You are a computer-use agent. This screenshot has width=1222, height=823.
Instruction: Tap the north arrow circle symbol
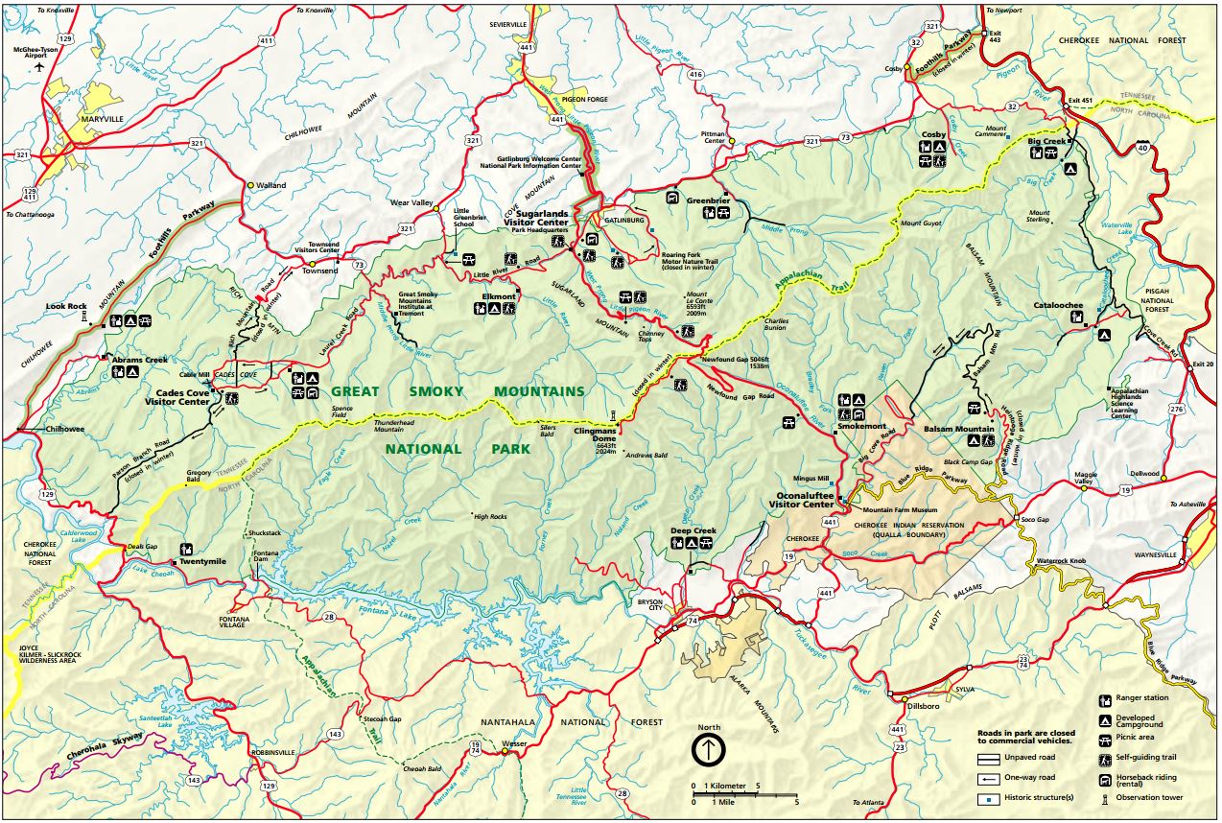click(708, 748)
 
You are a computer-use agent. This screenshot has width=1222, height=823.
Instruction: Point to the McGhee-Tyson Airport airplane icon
click(39, 68)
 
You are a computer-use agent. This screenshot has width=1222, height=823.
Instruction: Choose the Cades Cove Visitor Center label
click(182, 397)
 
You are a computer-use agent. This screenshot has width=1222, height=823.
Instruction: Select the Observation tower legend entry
click(1149, 797)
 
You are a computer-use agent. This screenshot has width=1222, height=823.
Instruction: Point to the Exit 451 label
click(1080, 101)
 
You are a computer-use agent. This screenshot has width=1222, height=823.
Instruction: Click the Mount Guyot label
click(918, 223)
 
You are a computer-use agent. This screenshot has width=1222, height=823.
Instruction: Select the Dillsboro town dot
click(904, 698)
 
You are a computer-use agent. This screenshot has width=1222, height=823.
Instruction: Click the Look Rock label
click(66, 307)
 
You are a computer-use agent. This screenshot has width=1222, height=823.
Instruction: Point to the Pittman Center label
click(715, 136)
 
